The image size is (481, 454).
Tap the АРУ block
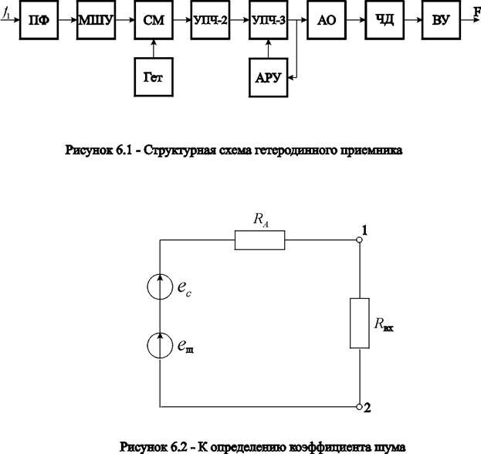click(267, 78)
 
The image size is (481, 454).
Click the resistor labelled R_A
click(259, 241)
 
